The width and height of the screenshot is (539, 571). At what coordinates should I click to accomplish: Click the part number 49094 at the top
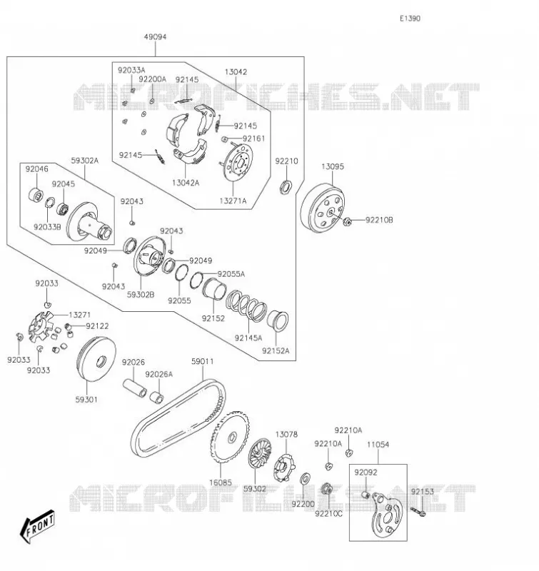tap(155, 37)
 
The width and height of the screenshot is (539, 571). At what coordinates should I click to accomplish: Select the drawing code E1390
tap(410, 19)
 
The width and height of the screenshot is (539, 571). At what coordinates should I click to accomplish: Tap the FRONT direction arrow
tap(37, 527)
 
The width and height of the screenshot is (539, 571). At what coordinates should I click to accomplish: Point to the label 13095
tap(333, 166)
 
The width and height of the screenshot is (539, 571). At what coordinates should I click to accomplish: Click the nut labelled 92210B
tap(347, 221)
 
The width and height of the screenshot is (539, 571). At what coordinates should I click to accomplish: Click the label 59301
tap(86, 400)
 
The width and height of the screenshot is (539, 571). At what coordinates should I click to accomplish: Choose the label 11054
tap(378, 445)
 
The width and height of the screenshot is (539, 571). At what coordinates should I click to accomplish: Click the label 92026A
tap(158, 374)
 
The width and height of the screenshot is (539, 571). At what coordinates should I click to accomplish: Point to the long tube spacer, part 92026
tap(134, 388)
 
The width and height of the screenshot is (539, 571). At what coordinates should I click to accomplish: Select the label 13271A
tap(233, 201)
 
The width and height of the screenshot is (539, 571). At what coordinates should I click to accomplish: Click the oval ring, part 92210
tap(286, 187)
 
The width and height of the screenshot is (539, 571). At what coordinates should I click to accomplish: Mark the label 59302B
tap(141, 295)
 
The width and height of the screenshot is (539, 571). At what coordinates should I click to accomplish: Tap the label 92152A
tap(276, 350)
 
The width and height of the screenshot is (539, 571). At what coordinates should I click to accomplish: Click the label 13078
tap(286, 435)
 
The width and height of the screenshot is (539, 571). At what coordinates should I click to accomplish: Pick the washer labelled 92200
tap(305, 479)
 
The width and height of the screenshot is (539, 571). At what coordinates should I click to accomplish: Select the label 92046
tap(36, 169)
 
